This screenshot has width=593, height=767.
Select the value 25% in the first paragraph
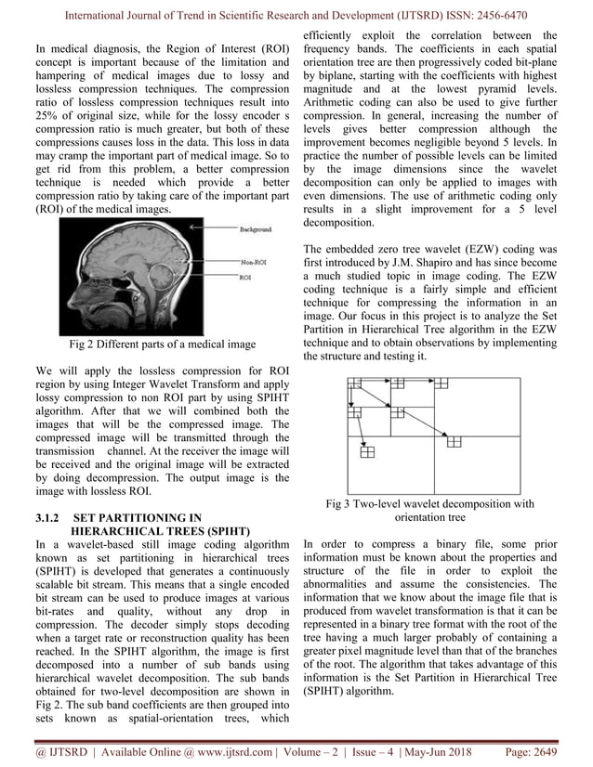pos(48,113)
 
